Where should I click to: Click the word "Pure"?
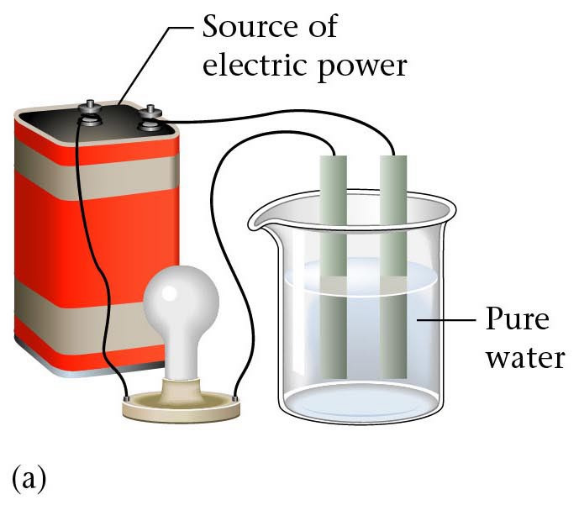(x=517, y=321)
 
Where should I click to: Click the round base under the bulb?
(x=181, y=406)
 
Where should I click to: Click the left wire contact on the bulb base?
(x=126, y=396)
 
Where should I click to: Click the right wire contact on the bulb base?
(x=235, y=396)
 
